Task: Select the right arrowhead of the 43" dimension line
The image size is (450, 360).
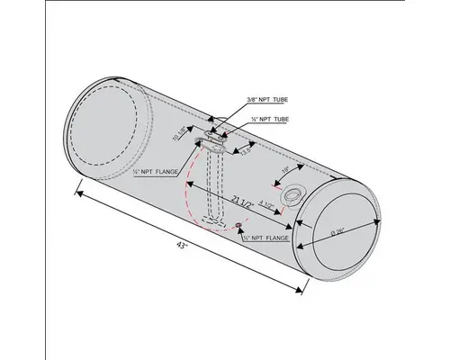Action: (301, 288)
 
